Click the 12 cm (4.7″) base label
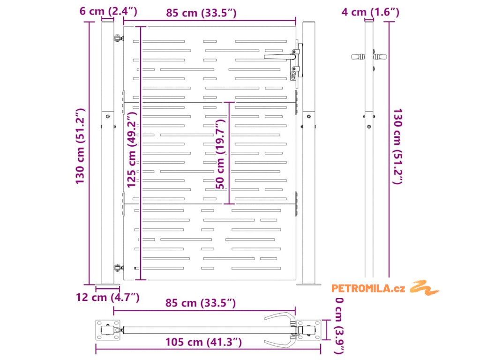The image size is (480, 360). (x=108, y=297)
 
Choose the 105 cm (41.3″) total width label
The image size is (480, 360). (x=203, y=342)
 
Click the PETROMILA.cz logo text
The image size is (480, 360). (x=368, y=288)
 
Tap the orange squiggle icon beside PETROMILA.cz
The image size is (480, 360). (x=425, y=287)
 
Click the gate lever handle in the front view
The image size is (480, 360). (x=280, y=56)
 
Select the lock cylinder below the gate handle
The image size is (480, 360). (x=294, y=73)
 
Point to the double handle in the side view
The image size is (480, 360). (x=369, y=57)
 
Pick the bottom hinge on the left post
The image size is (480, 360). (x=117, y=268)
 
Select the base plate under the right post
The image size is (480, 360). (x=308, y=285)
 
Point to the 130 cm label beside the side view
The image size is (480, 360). (x=397, y=146)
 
